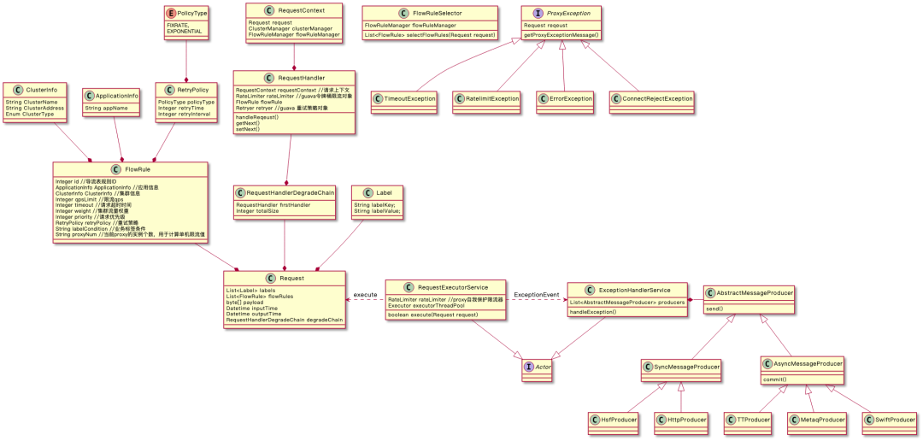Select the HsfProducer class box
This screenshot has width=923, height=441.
click(x=614, y=419)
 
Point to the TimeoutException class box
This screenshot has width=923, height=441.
click(x=404, y=99)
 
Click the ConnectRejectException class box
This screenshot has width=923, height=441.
click(x=652, y=99)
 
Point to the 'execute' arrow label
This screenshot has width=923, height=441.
click(x=365, y=295)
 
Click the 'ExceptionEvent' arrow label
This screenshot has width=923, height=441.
click(x=537, y=295)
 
